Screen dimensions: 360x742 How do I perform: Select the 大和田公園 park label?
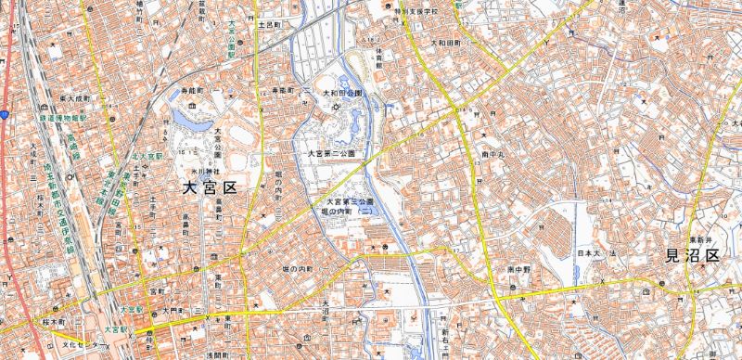click(x=342, y=94)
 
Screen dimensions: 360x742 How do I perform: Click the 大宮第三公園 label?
click(x=349, y=201)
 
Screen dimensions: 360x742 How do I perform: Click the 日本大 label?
click(x=590, y=252)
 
